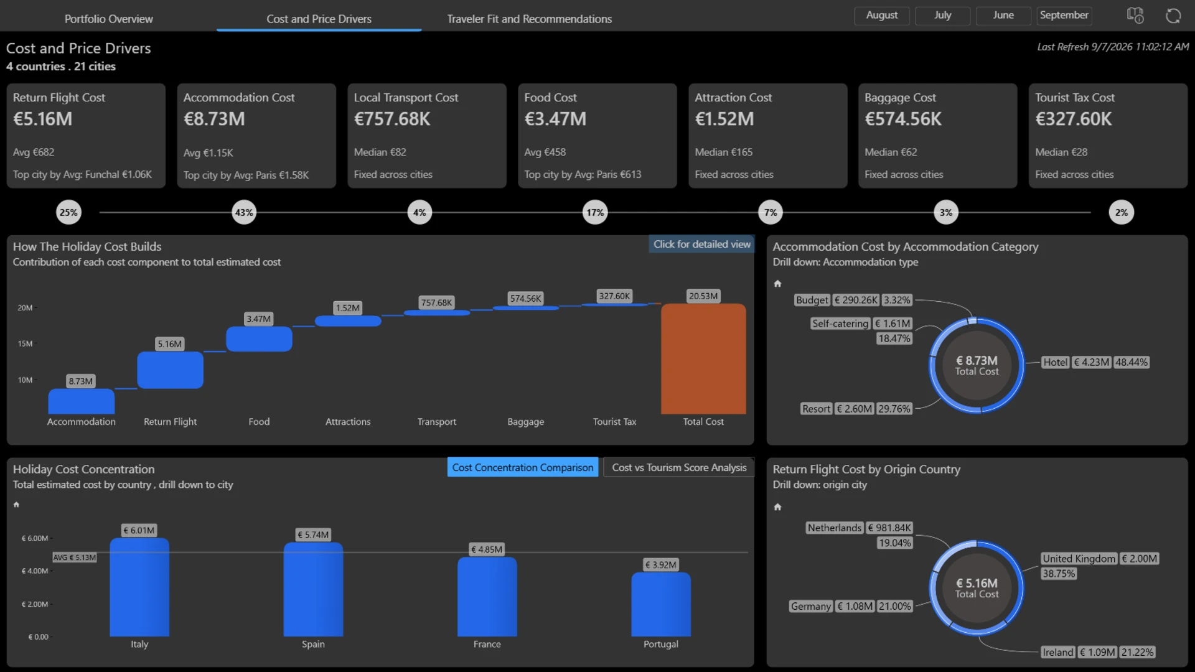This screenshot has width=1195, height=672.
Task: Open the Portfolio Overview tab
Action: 108,19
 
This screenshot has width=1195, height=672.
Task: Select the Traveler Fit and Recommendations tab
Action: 529,19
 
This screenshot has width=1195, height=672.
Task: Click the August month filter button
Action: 881,15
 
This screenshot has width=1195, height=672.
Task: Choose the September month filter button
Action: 1064,15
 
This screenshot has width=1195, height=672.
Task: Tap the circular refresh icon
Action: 1173,16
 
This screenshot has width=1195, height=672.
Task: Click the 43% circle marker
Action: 244,212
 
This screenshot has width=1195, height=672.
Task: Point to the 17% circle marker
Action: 595,212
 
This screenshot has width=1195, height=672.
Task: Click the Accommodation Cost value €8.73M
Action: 214,119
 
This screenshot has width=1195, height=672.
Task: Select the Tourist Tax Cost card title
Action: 1074,98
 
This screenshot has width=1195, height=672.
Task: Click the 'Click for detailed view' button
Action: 701,245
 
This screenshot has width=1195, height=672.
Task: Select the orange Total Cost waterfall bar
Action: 703,358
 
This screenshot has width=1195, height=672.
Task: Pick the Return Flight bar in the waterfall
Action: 170,370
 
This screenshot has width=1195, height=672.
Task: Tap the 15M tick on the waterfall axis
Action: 25,343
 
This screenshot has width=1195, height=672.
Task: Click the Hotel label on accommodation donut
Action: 1055,362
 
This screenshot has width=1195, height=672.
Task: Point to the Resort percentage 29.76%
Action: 894,409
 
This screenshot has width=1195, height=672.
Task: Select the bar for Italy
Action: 139,587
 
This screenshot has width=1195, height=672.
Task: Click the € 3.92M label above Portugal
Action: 660,565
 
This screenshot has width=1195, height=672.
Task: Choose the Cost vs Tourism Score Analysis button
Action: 679,467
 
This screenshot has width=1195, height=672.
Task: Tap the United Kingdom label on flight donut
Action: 1079,559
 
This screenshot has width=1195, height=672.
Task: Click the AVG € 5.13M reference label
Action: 75,558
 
